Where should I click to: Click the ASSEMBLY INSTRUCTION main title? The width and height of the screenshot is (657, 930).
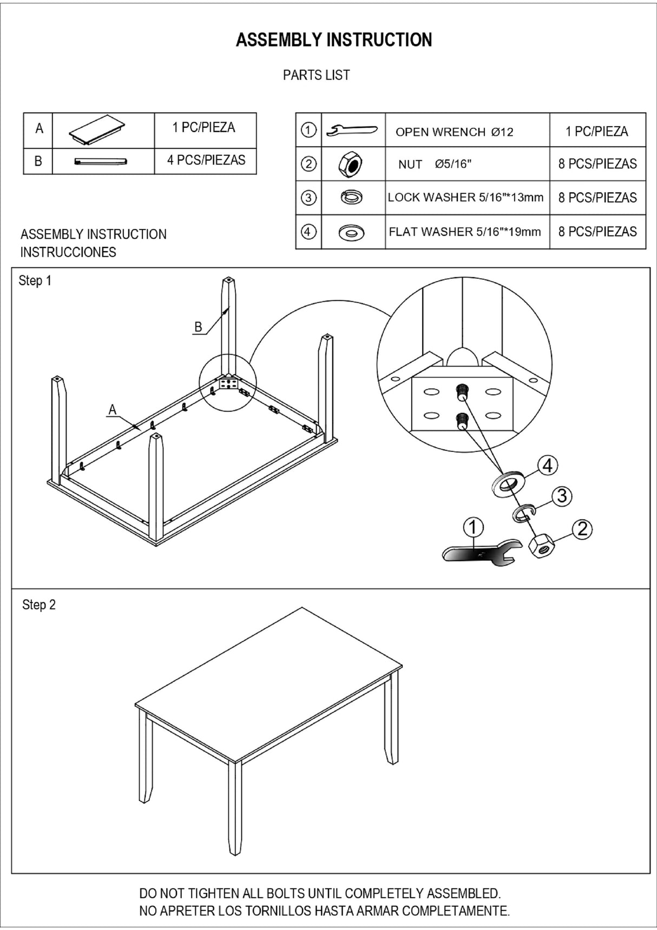point(334,40)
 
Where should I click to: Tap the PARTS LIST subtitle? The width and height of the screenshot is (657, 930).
point(316,75)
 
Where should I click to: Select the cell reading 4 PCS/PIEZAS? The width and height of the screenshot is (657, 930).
point(206,160)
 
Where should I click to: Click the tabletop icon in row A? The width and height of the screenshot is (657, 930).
point(97,129)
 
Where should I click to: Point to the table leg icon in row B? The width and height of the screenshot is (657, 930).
point(101,161)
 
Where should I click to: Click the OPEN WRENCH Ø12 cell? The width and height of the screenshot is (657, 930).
point(454,132)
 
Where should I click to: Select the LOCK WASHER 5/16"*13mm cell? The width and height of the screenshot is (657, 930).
point(465,198)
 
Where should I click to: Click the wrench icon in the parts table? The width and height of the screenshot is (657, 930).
point(352,130)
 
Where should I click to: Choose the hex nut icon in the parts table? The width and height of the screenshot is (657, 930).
point(351,164)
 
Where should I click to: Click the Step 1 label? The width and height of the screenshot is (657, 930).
point(35,280)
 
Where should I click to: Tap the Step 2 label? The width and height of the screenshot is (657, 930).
point(39,605)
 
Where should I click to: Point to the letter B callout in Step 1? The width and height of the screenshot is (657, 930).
point(198,327)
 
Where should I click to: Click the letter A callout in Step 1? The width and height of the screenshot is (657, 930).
point(113,410)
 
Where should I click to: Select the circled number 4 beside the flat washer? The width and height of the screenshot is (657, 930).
point(548,466)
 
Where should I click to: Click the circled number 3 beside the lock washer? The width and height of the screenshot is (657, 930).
point(562,496)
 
